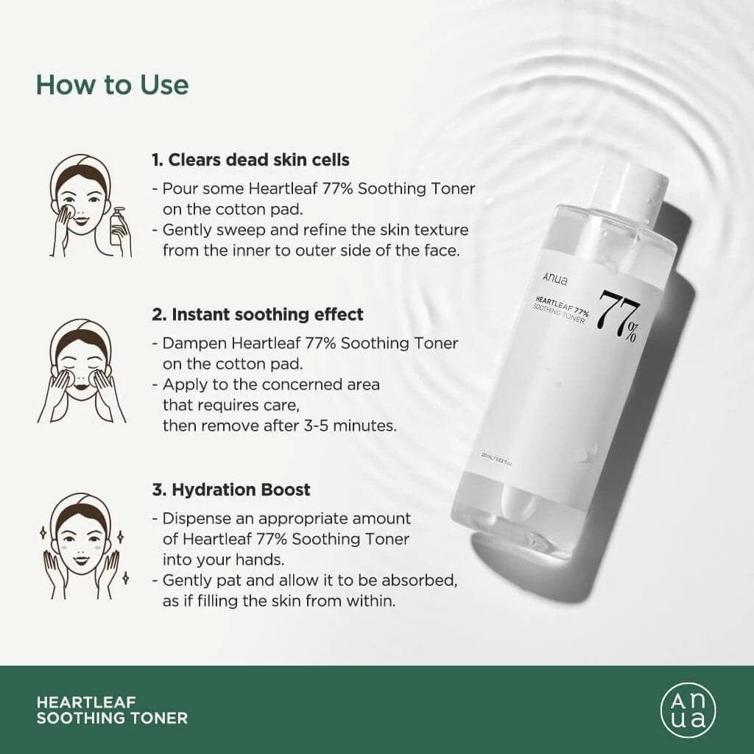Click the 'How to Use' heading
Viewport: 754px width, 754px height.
[112, 85]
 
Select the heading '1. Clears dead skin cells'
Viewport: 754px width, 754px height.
[250, 160]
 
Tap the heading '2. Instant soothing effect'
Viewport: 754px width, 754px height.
[258, 314]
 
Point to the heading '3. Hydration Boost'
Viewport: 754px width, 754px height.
[231, 490]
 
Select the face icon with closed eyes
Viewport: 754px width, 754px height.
[81, 372]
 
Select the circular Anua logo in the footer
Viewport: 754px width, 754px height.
[686, 710]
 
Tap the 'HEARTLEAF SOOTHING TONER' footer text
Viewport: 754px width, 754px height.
[112, 710]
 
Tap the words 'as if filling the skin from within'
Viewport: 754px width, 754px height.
[279, 601]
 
